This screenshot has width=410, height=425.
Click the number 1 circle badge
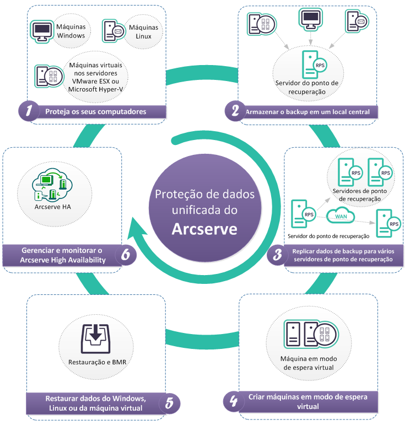pos(29,111)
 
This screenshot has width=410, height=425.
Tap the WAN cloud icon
pos(343,216)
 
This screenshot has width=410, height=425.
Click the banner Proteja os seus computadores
pos(95,111)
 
